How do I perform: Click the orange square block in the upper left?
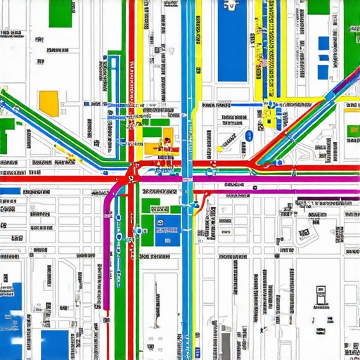point(49,102)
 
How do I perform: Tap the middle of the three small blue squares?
point(324,57)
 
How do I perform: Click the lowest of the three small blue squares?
point(324,72)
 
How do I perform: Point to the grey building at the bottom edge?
point(225,345)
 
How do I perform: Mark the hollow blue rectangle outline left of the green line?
point(112,70)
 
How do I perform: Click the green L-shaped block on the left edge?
point(7,131)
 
